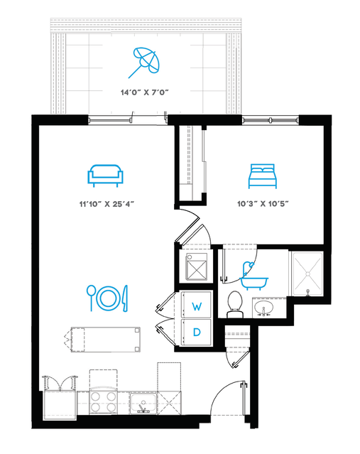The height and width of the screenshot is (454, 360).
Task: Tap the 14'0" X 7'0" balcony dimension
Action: tap(144, 92)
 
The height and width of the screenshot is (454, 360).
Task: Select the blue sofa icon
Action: tap(106, 175)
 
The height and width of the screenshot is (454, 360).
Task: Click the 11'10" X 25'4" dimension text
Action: tap(107, 204)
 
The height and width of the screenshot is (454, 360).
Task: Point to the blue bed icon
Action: tap(263, 176)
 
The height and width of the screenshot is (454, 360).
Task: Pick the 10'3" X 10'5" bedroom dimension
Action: tap(263, 204)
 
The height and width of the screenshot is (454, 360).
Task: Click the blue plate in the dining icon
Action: tap(108, 298)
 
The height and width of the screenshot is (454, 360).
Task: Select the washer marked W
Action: tap(196, 305)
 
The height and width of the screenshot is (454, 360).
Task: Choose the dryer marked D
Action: tap(196, 332)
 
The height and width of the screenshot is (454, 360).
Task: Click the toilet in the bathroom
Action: tap(234, 304)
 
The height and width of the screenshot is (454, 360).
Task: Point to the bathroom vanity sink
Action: tap(263, 308)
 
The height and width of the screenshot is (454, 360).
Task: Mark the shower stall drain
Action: tap(307, 274)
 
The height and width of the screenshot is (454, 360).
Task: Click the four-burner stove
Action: tap(103, 402)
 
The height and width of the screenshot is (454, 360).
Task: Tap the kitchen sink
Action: tap(143, 404)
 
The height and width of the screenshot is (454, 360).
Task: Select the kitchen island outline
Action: tap(106, 340)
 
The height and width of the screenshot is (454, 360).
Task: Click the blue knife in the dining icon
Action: tap(125, 298)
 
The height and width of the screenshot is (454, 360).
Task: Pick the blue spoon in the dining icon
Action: tap(91, 298)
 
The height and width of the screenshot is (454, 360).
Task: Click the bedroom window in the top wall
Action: tap(271, 120)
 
